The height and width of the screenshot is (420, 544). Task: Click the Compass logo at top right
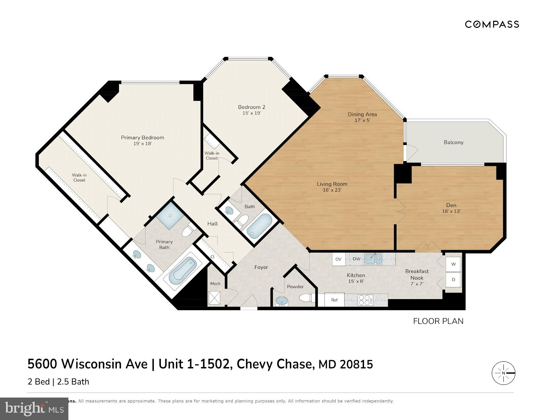[492, 24]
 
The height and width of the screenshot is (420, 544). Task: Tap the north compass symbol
[503, 373]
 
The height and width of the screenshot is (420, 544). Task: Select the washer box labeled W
[454, 264]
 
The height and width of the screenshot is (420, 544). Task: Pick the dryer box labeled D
[454, 280]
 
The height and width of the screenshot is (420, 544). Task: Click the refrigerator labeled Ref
[334, 300]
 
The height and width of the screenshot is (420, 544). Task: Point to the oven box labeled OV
[339, 259]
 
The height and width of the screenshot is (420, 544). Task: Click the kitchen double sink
[374, 259]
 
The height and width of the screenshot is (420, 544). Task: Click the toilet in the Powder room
[306, 298]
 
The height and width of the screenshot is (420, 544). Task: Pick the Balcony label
[453, 142]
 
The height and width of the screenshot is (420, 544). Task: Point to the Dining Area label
[362, 114]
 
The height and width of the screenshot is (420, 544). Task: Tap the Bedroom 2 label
[251, 107]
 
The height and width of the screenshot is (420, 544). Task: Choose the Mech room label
[215, 284]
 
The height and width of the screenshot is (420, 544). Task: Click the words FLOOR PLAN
[438, 321]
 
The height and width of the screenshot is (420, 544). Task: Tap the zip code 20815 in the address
[356, 364]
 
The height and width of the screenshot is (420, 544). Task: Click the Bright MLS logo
[34, 409]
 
